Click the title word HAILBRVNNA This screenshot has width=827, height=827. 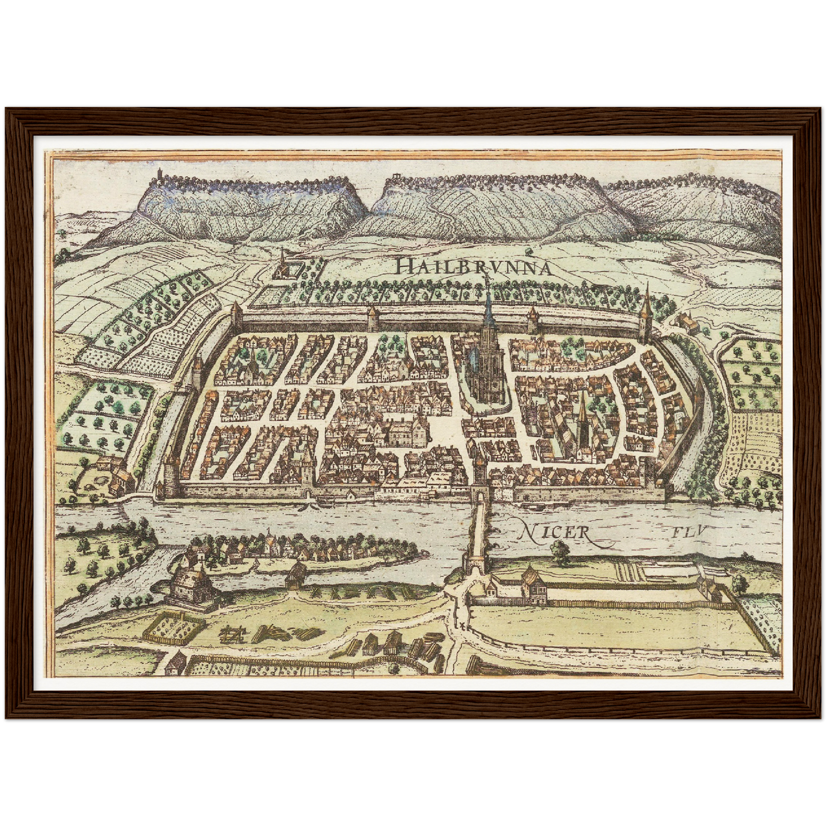[473, 266]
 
